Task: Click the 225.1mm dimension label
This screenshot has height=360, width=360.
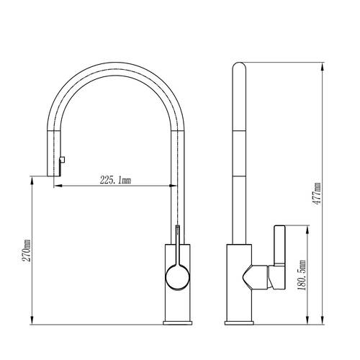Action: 115,180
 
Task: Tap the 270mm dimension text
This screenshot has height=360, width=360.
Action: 27,251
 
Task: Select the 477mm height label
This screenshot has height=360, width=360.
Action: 317,194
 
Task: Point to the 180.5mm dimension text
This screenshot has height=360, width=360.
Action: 302,275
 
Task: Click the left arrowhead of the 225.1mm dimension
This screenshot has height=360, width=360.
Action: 58,186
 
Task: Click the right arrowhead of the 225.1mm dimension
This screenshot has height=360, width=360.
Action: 173,186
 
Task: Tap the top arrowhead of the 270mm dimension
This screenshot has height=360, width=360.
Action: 32,181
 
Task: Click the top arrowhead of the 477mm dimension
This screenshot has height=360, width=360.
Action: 323,67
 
